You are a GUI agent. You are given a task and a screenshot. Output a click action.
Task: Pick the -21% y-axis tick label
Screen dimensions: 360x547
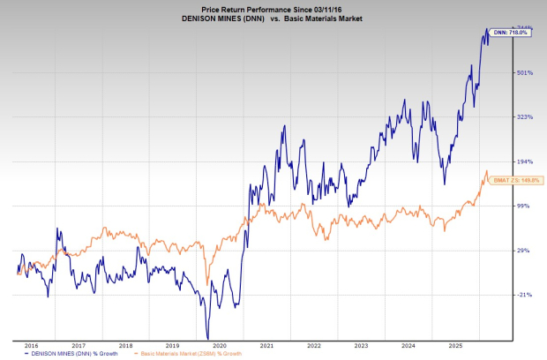[523, 296]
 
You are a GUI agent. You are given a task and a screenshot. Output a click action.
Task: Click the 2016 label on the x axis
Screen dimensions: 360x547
[31, 346]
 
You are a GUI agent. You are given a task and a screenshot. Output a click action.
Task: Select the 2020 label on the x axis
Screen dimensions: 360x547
[221, 346]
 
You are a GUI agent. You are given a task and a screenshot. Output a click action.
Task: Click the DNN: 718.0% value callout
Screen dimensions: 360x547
[507, 33]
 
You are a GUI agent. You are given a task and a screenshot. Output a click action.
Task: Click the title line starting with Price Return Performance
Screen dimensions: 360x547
[275, 6]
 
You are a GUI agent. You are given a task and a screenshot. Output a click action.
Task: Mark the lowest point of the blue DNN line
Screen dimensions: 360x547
[207, 338]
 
